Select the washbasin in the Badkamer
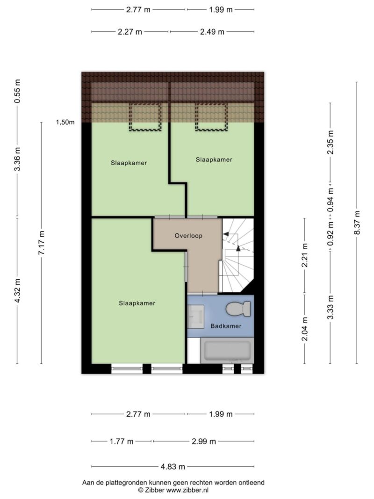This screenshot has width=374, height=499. (x=195, y=317)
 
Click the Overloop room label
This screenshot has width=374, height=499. (x=188, y=236)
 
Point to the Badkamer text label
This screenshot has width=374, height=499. (x=226, y=326)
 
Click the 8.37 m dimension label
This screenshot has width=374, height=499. (x=357, y=223)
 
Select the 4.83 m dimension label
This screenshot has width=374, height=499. (x=173, y=467)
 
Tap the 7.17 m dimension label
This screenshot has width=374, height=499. (x=41, y=243)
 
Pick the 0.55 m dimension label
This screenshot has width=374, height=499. (x=17, y=91)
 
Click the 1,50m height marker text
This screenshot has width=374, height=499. (x=65, y=122)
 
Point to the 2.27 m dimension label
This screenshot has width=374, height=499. (x=130, y=32)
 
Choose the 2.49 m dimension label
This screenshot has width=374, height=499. (x=212, y=32)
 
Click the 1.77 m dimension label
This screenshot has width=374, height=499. (x=122, y=441)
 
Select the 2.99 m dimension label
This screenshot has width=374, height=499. (x=204, y=441)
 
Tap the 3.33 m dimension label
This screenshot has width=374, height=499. (x=331, y=307)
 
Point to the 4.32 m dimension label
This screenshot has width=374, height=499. (x=17, y=290)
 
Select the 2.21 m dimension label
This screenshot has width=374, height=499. (x=305, y=255)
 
